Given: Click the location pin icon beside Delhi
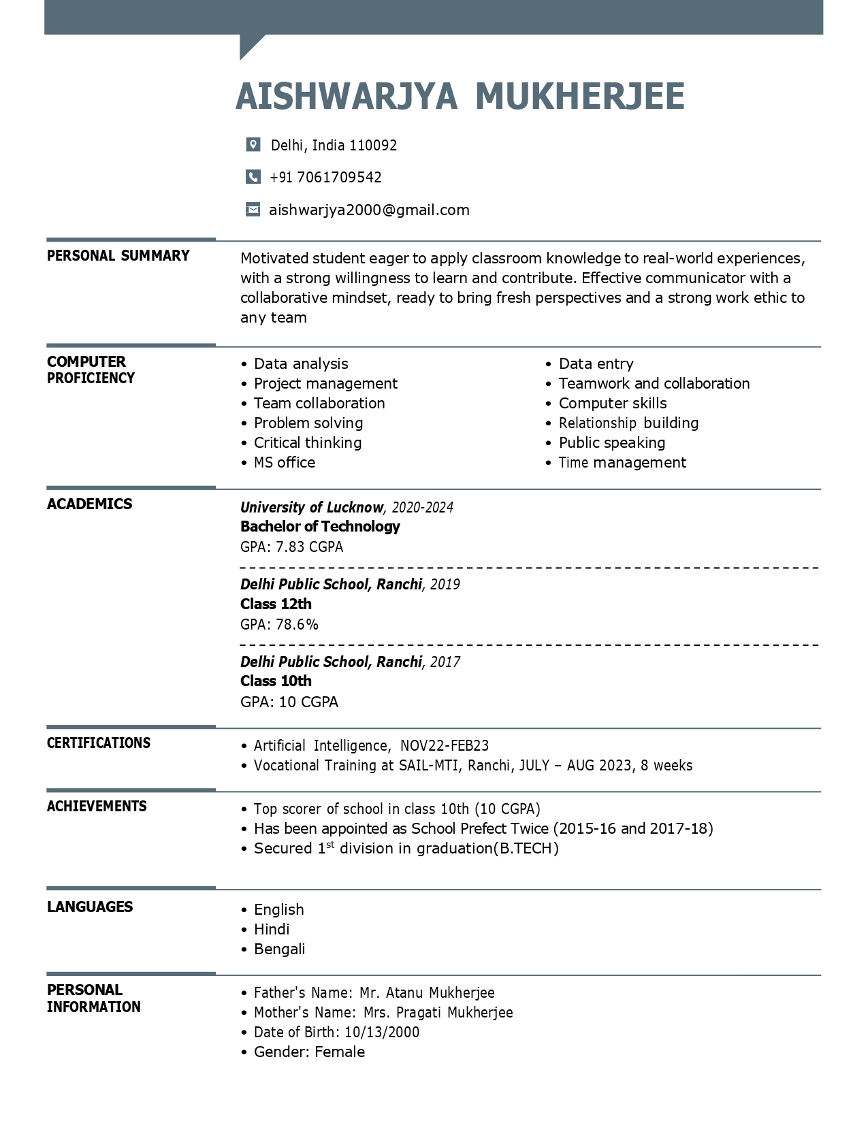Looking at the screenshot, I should click(253, 144).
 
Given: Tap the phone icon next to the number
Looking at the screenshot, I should click(253, 177).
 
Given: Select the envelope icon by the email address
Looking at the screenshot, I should click(253, 210).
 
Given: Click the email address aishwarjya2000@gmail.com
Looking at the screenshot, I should click(369, 210).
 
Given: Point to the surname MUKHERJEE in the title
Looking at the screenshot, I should click(579, 96).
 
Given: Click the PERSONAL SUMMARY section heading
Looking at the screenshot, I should click(118, 256).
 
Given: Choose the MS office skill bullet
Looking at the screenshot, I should click(284, 463).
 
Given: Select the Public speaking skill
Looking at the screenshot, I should click(611, 443).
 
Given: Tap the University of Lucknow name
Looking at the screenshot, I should click(311, 507).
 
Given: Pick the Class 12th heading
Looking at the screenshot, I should click(276, 604).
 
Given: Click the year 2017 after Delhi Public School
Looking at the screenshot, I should click(445, 662).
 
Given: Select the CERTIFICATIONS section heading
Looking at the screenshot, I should click(99, 743).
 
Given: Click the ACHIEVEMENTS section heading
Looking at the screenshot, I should click(97, 807).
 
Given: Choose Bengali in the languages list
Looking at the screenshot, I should click(279, 949).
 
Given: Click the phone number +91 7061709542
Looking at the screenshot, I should click(325, 177).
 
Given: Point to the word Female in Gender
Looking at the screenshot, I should click(340, 1052).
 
